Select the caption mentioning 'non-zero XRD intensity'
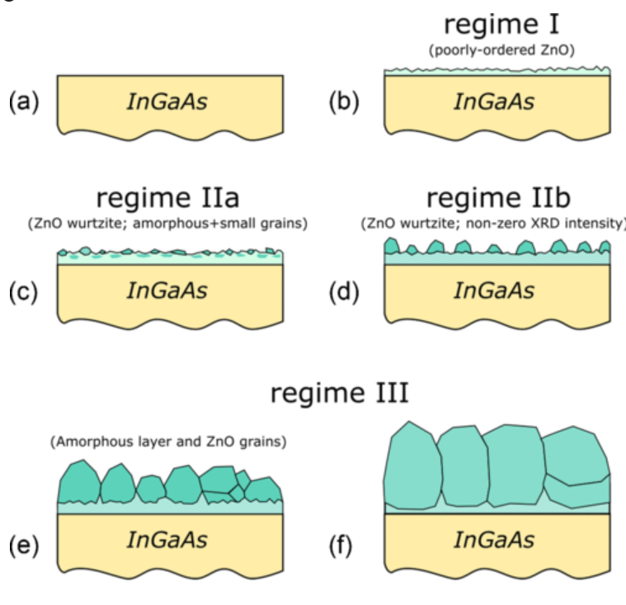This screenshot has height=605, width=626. (493, 223)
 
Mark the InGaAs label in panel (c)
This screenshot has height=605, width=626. (167, 291)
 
